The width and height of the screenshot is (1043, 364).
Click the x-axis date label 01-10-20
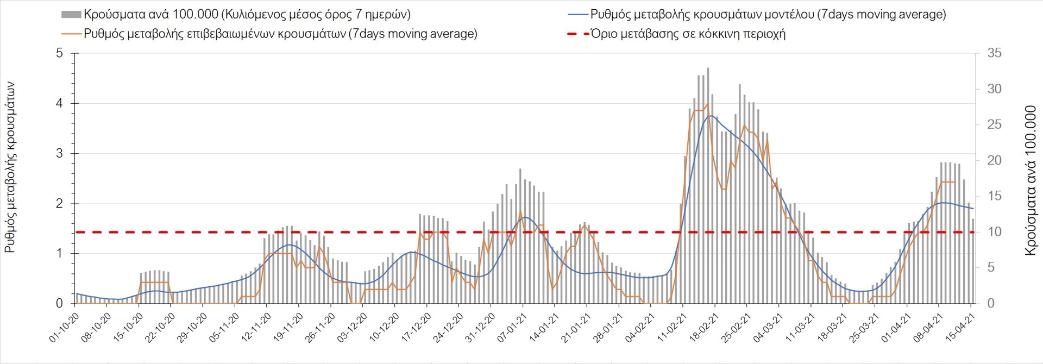tap(64, 328)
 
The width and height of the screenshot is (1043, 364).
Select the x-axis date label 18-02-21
tap(703, 328)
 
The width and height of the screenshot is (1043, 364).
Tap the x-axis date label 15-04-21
tap(960, 328)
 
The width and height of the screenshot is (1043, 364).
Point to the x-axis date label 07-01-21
tap(511, 328)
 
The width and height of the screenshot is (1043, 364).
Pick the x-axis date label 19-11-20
tap(288, 328)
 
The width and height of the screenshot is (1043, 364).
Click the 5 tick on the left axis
tap(60, 53)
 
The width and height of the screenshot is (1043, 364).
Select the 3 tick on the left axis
tap(60, 154)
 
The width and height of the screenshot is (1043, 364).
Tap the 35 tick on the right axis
tap(994, 53)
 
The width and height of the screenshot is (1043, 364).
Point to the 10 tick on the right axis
tap(994, 232)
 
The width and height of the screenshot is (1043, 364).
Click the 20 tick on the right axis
tap(994, 160)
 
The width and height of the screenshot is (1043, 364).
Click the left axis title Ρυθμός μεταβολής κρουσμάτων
tap(10, 167)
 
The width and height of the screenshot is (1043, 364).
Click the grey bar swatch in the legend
tap(71, 15)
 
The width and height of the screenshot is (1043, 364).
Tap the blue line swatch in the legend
tap(578, 15)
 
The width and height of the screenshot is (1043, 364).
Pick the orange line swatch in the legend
tap(72, 34)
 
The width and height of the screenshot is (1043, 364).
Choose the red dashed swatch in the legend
tap(578, 34)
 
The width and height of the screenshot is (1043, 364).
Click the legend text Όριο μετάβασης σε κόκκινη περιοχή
tap(688, 34)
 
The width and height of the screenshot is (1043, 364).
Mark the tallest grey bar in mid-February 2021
tap(708, 185)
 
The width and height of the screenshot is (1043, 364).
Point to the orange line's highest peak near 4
tap(707, 104)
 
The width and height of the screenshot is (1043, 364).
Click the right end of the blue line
tap(973, 209)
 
